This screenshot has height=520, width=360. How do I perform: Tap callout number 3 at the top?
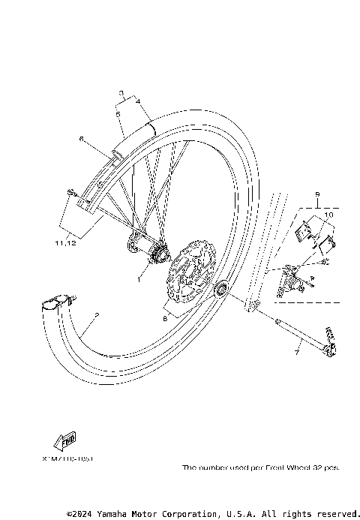tap(121, 93)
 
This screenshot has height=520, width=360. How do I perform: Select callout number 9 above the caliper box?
tap(317, 193)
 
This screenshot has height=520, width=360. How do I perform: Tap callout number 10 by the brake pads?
tap(327, 215)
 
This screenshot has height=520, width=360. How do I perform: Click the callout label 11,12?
tap(65, 242)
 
